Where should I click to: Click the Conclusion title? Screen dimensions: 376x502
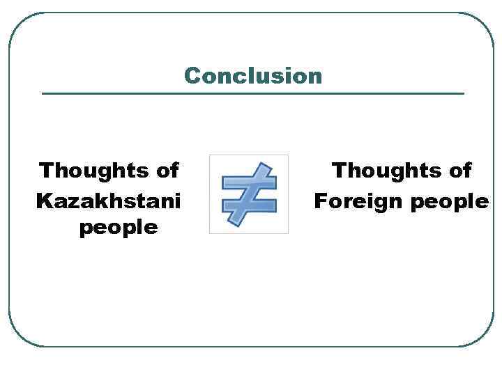[x=253, y=75]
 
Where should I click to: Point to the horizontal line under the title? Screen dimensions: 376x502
[x=253, y=93]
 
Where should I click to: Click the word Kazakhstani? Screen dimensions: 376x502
[x=108, y=201]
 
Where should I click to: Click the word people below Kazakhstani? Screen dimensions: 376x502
[x=119, y=228]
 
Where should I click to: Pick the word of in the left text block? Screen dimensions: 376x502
[x=164, y=170]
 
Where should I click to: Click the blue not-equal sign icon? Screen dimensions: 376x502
[x=249, y=194]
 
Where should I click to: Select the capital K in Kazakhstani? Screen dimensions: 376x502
[x=43, y=201]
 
